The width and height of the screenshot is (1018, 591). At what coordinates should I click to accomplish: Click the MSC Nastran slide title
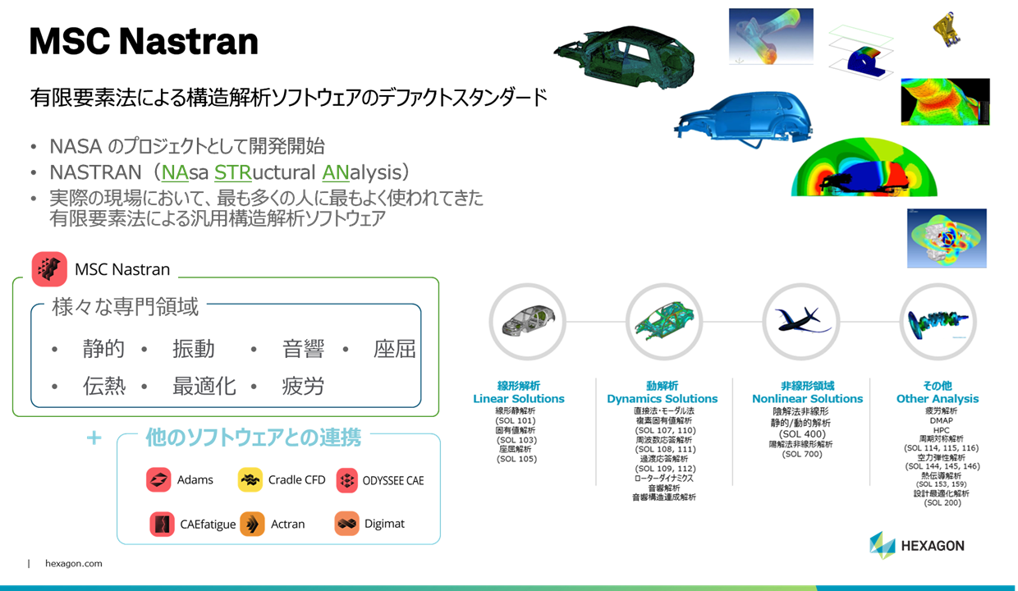[x=144, y=41]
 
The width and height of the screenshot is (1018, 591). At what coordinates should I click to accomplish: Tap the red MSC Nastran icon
[x=49, y=269]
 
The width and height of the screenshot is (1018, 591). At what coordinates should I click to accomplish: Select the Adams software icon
[x=158, y=480]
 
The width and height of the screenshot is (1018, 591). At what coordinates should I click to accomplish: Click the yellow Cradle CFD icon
[x=250, y=480]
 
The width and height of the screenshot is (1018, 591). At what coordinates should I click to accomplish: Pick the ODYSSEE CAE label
[x=393, y=481]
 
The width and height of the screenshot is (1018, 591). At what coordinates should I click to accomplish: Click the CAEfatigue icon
[x=163, y=524]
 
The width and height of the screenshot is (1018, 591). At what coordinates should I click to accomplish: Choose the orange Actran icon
[x=253, y=524]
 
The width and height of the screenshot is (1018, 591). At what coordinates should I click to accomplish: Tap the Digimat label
[x=384, y=524]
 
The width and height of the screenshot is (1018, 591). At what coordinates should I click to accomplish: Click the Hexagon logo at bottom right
[x=917, y=545]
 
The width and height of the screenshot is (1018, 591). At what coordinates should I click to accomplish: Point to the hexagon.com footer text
[x=74, y=564]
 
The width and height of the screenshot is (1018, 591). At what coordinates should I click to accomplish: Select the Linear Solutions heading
[x=519, y=399]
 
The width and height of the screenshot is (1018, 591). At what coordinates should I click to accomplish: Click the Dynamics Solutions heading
[x=662, y=399]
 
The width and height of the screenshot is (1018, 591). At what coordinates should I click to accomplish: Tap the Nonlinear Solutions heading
[x=807, y=399]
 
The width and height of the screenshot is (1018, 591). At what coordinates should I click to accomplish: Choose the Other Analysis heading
[x=938, y=399]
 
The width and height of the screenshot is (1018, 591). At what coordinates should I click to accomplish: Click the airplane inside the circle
[x=801, y=320]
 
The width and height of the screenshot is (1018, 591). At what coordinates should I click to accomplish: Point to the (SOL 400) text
[x=802, y=433]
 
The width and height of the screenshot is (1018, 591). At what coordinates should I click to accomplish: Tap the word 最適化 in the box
[x=204, y=386]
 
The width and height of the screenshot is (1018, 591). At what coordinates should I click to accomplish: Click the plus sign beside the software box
[x=94, y=438]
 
